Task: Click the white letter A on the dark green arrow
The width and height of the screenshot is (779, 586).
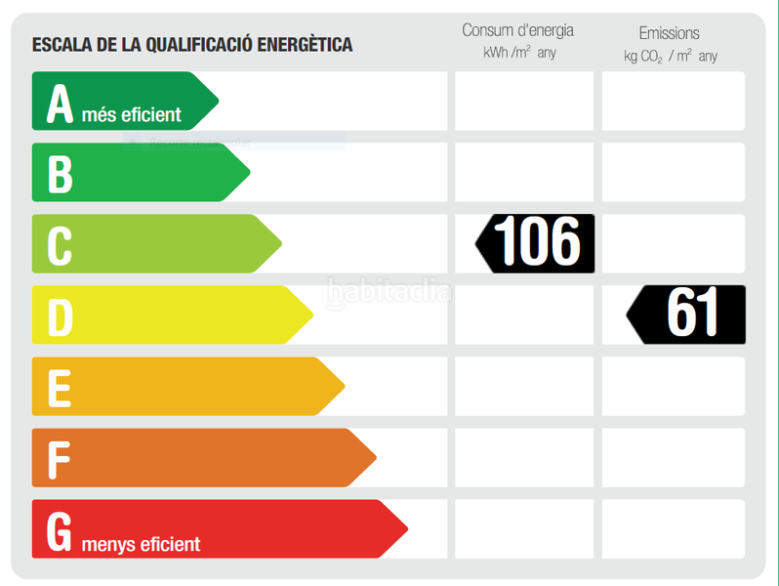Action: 60,103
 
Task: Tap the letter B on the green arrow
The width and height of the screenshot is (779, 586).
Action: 60,174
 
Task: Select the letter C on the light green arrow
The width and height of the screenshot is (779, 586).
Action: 60,245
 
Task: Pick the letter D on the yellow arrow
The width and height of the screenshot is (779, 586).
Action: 60,316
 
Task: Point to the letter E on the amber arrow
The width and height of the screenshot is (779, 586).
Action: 60,388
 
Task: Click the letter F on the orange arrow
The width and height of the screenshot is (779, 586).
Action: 60,459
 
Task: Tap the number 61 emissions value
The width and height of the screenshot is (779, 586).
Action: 693,314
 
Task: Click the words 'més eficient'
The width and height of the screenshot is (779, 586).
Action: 132,115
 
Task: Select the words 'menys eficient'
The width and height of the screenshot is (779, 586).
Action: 142,544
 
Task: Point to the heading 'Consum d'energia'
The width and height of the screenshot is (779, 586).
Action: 517,30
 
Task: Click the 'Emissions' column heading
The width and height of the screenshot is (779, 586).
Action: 669,33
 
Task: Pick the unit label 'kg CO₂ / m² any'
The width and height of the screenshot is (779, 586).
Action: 670,57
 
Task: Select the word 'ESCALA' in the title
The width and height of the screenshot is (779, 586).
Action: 59,44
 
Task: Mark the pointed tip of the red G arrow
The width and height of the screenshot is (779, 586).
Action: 406,529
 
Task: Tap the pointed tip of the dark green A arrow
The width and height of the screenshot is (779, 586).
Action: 217,101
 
